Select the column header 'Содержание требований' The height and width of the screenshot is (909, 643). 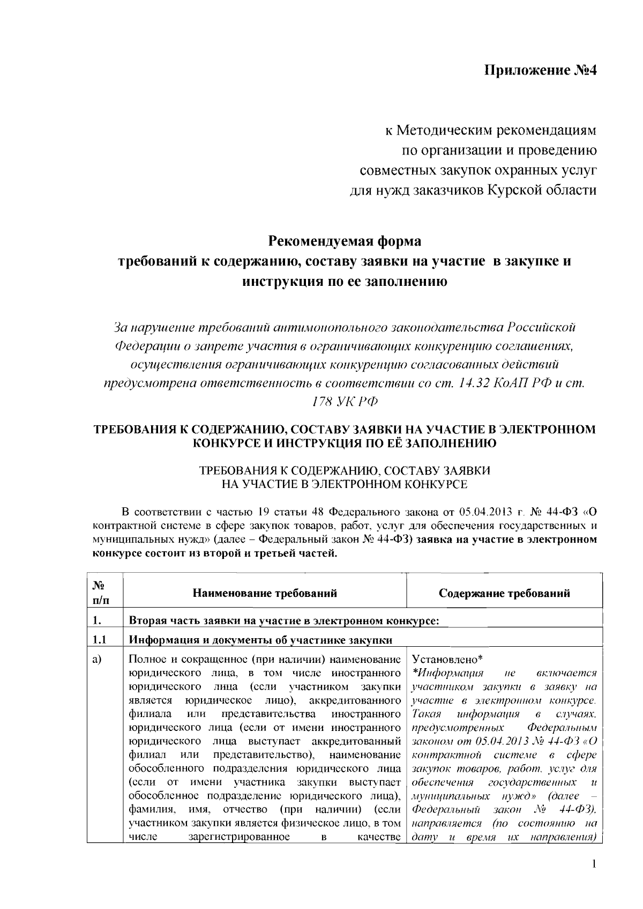[x=504, y=593]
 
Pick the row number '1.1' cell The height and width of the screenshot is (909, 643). [x=100, y=640]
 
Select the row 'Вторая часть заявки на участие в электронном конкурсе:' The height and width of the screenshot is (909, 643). [x=285, y=622]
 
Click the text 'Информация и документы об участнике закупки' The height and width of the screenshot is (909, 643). [x=260, y=640]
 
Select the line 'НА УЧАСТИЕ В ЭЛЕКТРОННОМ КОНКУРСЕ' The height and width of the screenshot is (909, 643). [x=345, y=485]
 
